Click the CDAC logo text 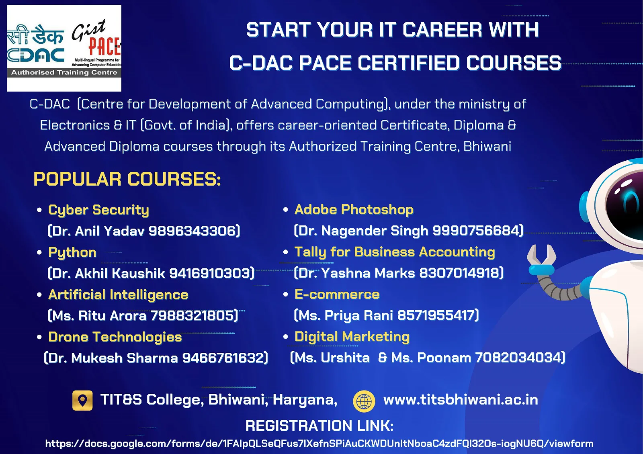36,55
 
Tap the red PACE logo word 104,46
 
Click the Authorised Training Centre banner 64,73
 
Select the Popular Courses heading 127,179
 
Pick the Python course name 72,253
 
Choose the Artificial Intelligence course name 118,295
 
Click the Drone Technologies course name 115,337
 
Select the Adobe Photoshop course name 354,209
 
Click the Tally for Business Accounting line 395,252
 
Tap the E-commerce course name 337,294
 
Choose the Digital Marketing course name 352,337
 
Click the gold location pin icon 82,400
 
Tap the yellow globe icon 364,401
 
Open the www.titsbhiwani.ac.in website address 461,400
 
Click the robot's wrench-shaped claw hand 541,260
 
